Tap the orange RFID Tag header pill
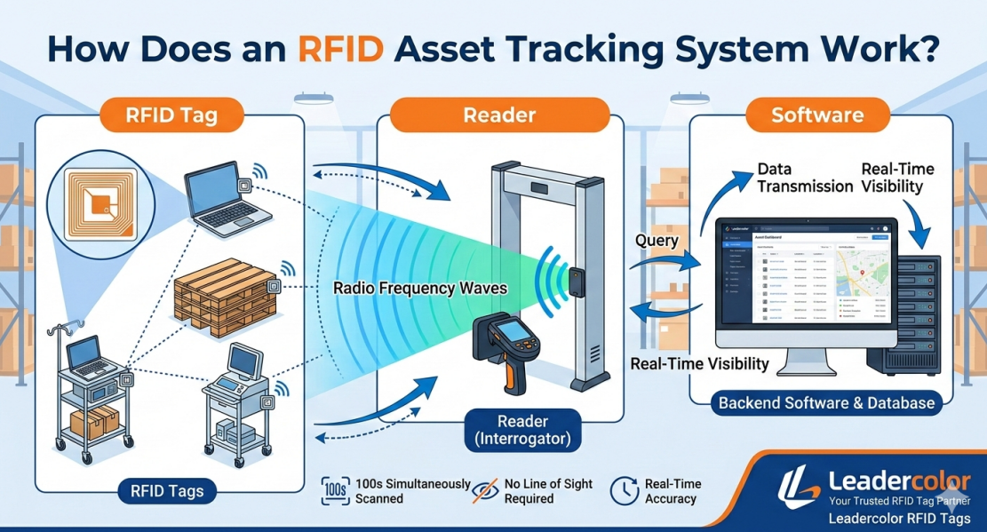(171, 115)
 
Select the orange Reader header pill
(499, 115)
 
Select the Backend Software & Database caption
(826, 403)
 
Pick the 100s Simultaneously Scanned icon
(335, 490)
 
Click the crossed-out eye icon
(484, 490)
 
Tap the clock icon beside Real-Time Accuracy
(625, 490)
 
